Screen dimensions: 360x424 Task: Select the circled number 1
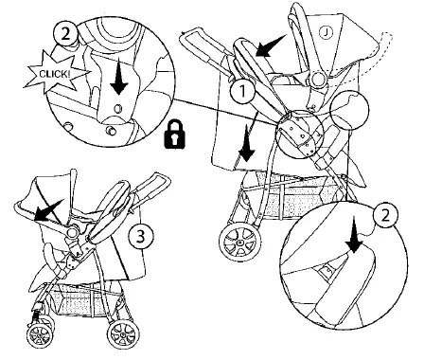(243, 93)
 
